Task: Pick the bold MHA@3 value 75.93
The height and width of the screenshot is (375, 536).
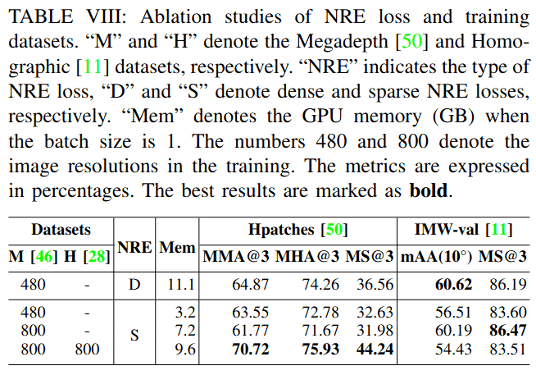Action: pos(308,350)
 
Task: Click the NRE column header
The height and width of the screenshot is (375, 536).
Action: pos(134,245)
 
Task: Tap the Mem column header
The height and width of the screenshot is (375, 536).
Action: pos(176,245)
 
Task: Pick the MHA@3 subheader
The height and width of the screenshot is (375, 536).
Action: pos(307,258)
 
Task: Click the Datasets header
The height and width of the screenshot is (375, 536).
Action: pos(61,231)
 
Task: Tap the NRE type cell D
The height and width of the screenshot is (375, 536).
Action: pos(134,285)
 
